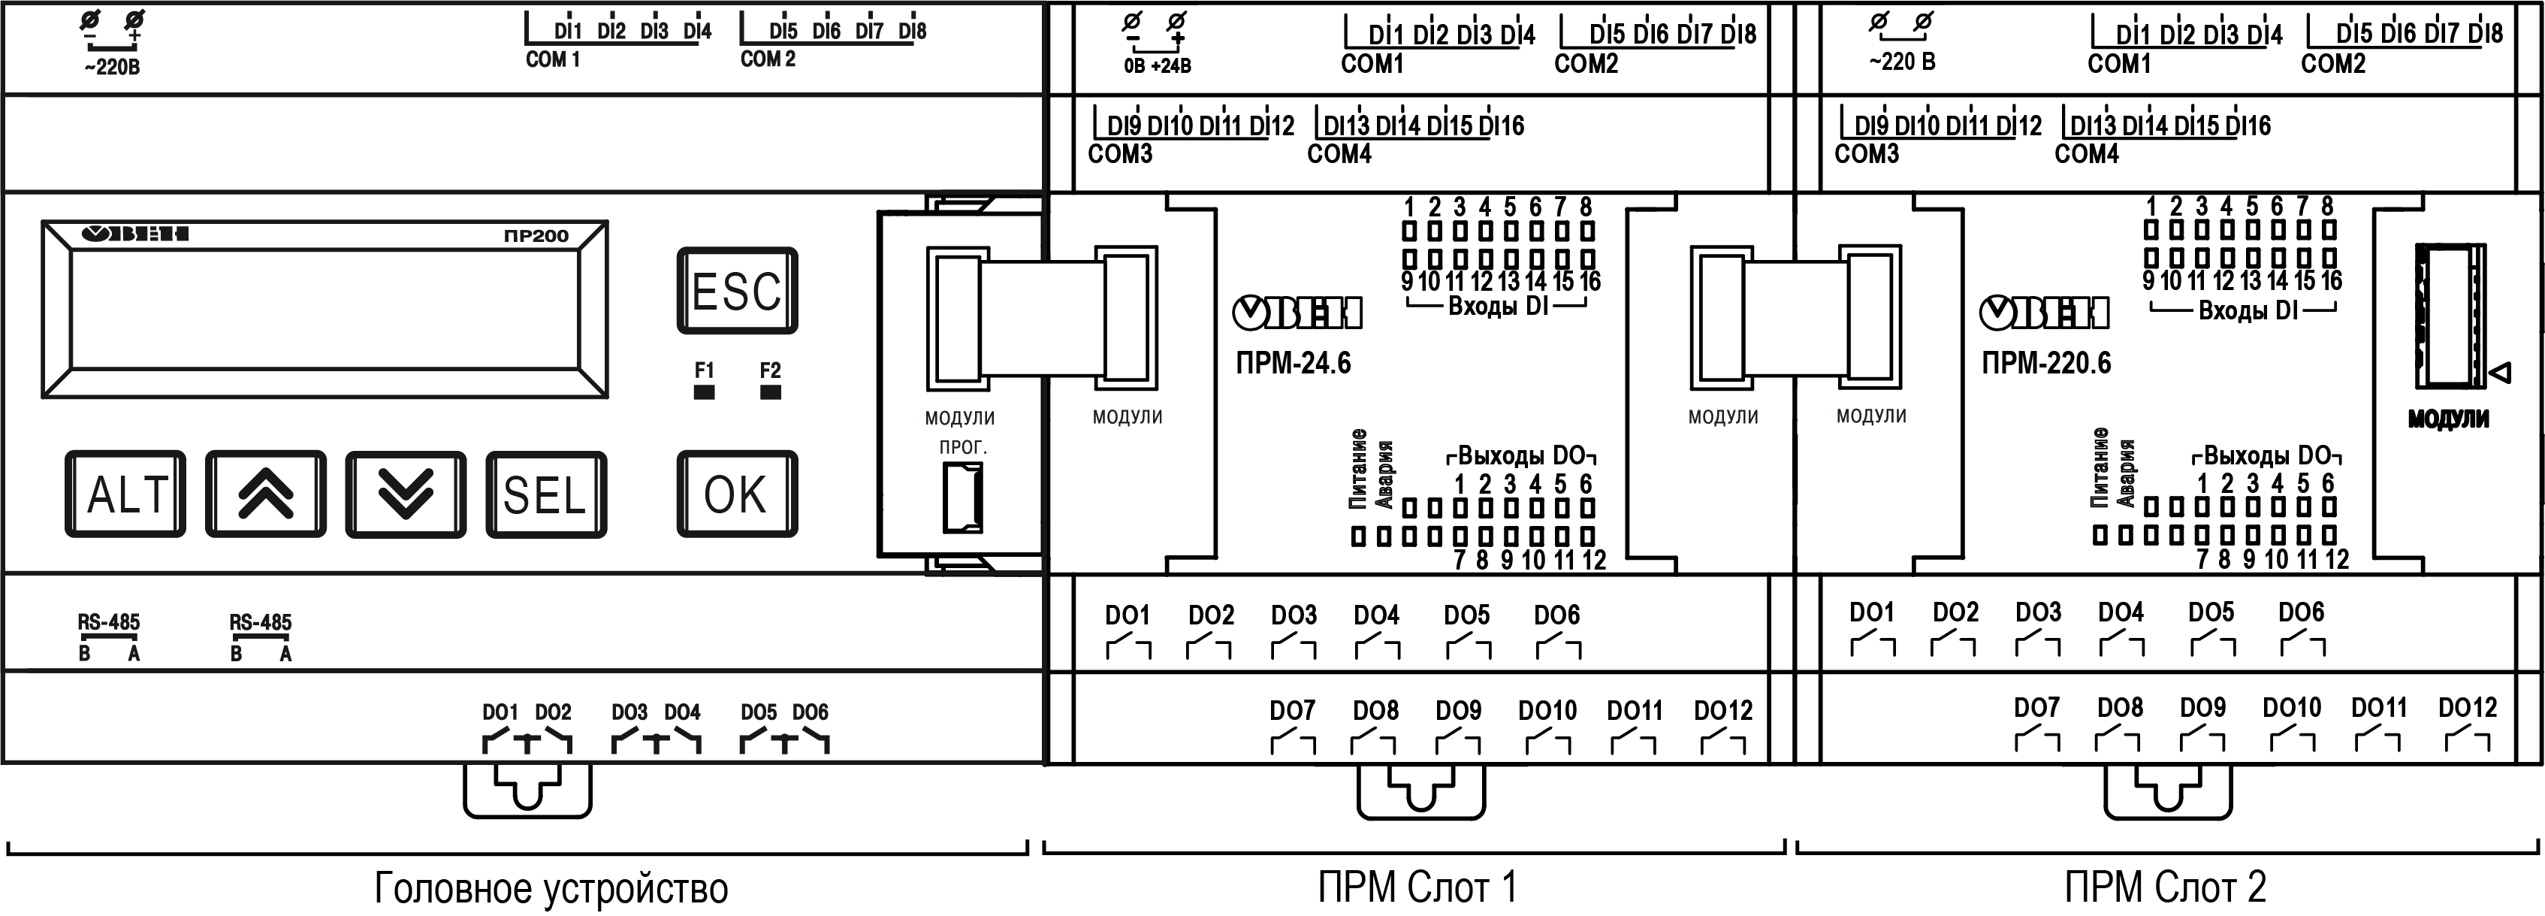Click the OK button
(x=736, y=494)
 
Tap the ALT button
(x=125, y=494)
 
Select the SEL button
(x=545, y=494)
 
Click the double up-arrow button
(x=266, y=494)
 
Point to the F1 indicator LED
(x=703, y=392)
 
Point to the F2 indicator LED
(x=771, y=392)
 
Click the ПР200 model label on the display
(x=536, y=236)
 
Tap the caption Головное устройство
(x=551, y=888)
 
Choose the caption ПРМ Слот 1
(x=1416, y=887)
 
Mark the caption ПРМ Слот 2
(x=2165, y=887)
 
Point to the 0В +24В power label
(x=1157, y=66)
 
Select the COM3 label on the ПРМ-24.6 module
(x=1119, y=154)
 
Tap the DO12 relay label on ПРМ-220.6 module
(x=2467, y=708)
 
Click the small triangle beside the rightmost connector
(x=2501, y=373)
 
